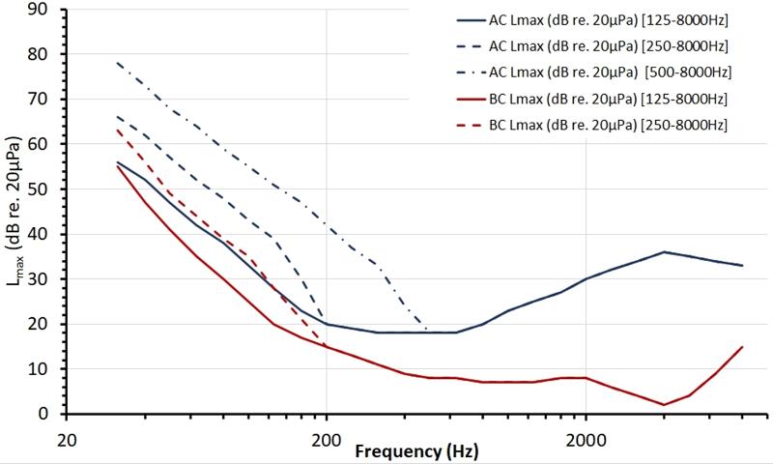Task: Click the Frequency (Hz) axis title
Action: coord(415,451)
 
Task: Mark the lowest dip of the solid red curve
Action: coord(663,405)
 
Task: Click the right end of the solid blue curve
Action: coord(741,266)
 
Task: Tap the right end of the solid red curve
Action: coord(741,347)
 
